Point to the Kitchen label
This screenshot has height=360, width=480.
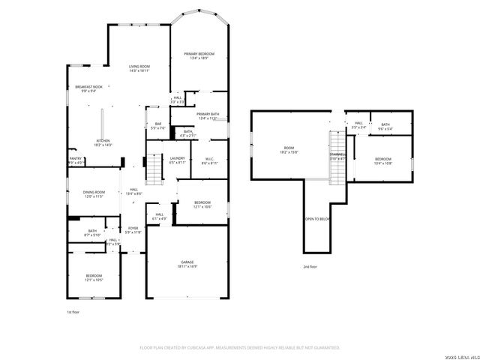coord(103,142)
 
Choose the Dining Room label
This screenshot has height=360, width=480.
coord(94,193)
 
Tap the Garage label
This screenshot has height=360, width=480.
coord(187,263)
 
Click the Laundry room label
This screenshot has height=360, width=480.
coord(178,159)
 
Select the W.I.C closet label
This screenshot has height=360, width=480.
coord(210,159)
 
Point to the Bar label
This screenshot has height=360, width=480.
coord(158,125)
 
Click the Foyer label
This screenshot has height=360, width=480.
coord(133,229)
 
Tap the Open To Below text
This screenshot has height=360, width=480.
coord(317,219)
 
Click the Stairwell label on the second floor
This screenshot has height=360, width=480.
coord(337,154)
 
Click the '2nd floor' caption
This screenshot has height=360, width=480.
coord(310,266)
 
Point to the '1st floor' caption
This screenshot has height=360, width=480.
coord(73,311)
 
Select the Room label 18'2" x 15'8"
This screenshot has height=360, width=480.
coord(289,149)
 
